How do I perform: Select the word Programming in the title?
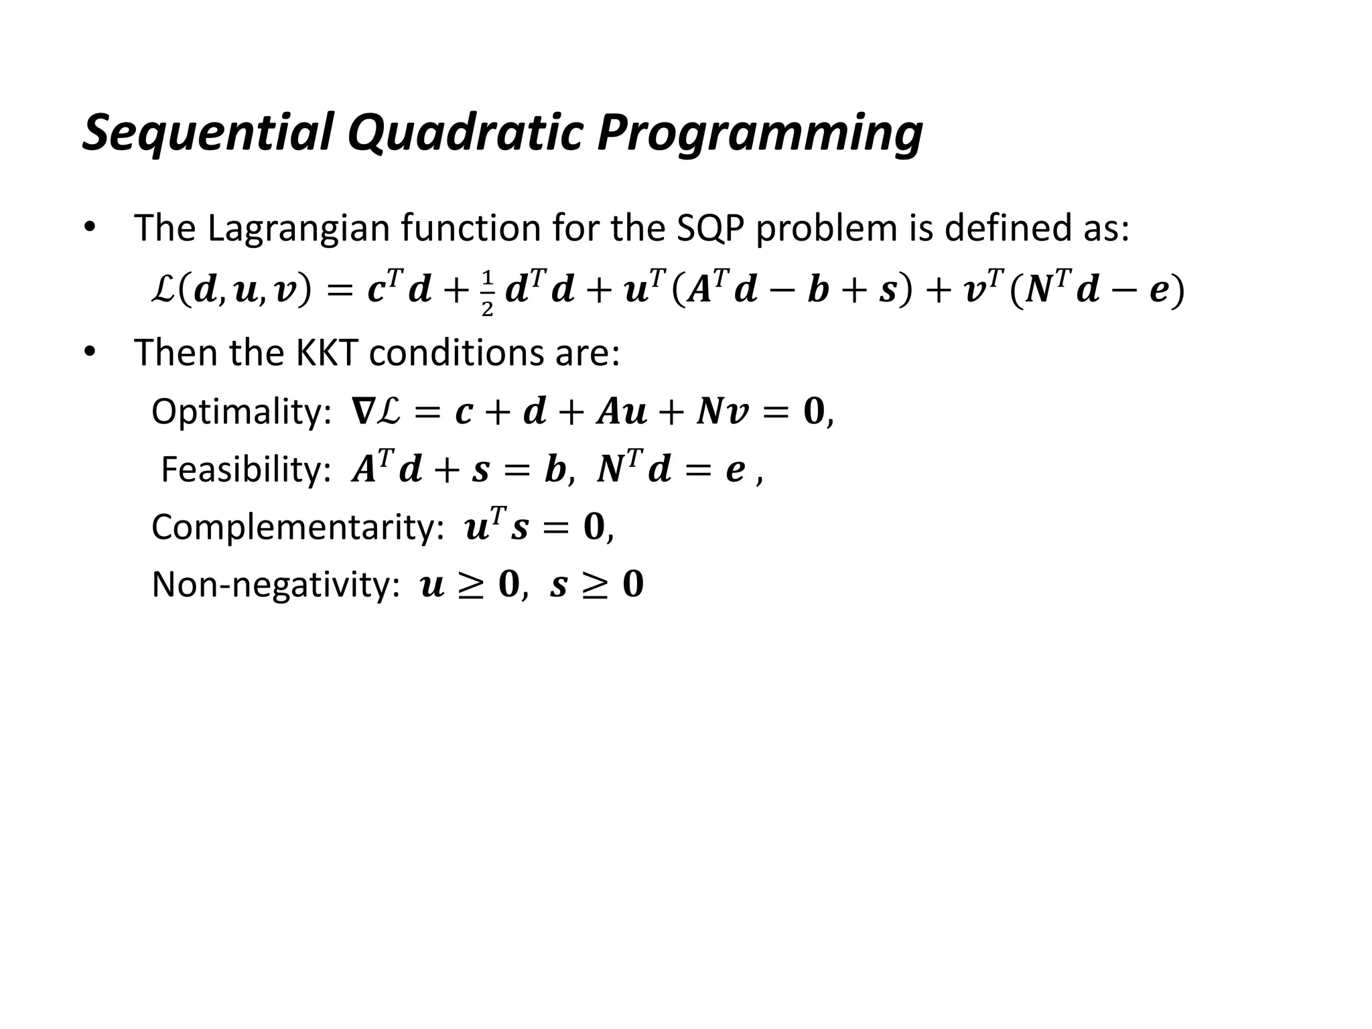point(760,133)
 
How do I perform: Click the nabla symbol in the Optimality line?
point(362,411)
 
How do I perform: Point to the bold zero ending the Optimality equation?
point(813,411)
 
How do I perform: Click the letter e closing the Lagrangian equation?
point(1158,292)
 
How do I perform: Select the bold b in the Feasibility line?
point(555,470)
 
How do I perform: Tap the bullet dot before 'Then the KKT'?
point(89,352)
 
